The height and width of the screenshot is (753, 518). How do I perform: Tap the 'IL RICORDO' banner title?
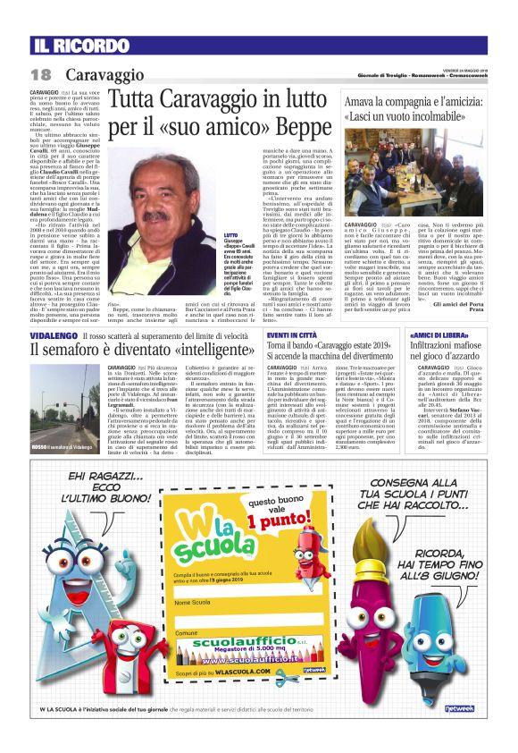82,45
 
